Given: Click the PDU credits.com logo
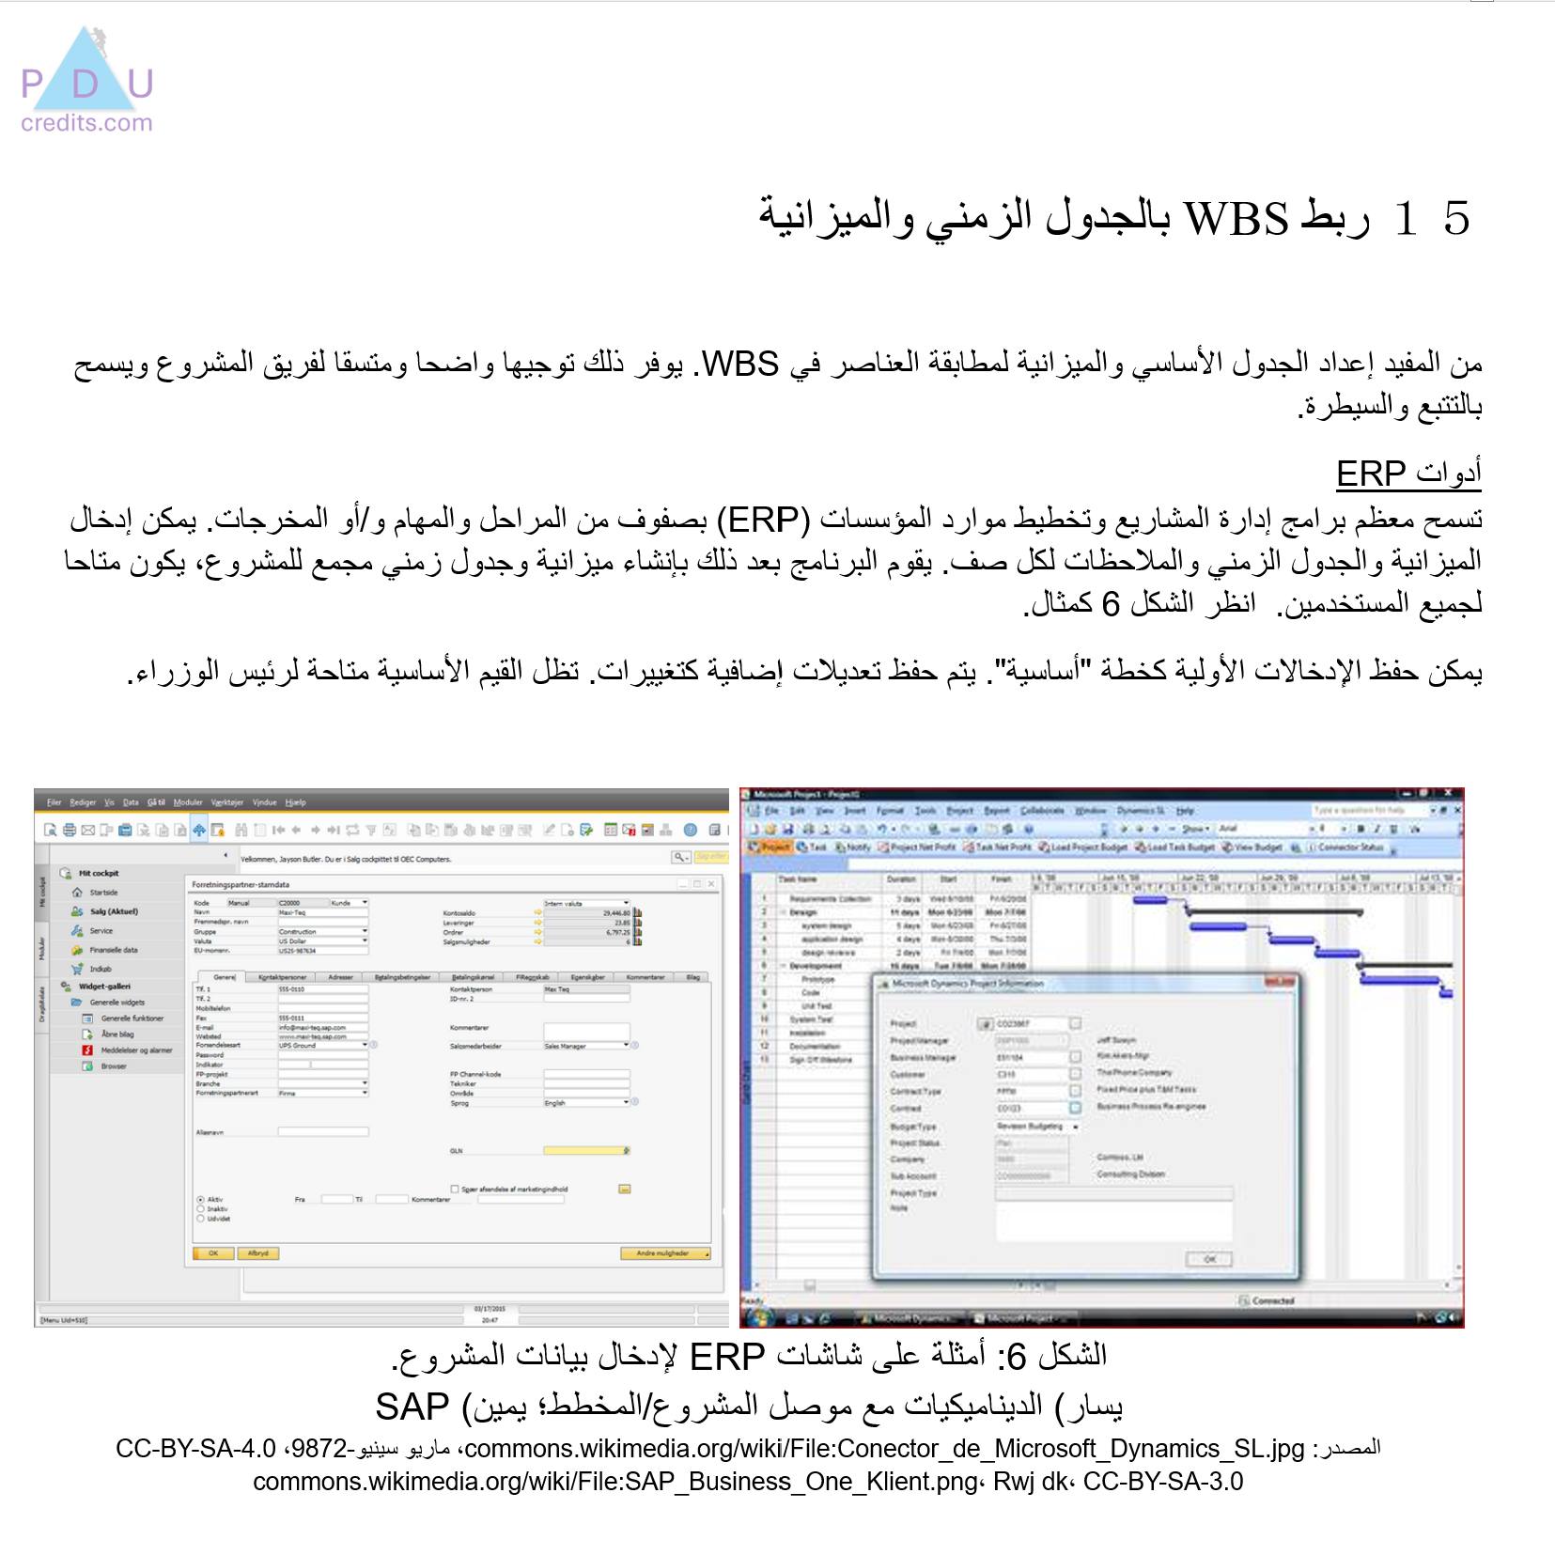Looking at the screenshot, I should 86,82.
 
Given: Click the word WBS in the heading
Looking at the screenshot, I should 1236,219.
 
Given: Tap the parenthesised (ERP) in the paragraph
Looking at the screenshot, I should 763,519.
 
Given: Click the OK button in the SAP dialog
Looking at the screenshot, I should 213,1253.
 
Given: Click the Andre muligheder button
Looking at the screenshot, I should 664,1253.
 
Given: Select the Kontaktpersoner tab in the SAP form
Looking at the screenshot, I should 281,977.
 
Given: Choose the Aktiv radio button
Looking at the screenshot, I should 201,1200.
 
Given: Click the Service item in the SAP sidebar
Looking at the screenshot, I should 101,931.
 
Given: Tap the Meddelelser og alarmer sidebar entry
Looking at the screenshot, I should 136,1050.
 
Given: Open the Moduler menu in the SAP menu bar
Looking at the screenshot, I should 188,802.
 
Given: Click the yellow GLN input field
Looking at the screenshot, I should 584,1151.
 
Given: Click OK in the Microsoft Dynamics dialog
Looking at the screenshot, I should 1209,1259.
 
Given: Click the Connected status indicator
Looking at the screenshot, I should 1271,1301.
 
